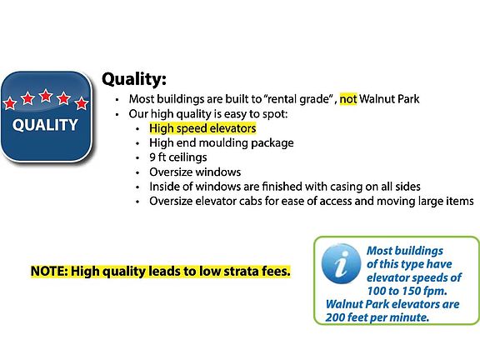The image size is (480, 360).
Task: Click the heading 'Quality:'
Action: pos(134,80)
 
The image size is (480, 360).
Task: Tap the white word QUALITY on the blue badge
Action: pos(45,125)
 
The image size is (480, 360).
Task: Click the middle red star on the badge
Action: pos(46,96)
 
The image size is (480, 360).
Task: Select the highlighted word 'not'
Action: pos(348,99)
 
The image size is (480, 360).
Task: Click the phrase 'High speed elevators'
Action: pos(202,128)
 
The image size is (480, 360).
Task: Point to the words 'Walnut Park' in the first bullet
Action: pos(389,99)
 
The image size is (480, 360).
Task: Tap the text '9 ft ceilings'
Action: pos(178,157)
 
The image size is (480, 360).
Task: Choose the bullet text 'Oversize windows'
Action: pos(195,172)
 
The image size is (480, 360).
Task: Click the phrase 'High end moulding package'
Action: pos(222,143)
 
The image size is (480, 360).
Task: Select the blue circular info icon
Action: pos(342,263)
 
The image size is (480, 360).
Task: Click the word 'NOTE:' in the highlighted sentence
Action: pos(49,271)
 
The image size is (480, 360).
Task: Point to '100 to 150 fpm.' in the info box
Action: pos(407,291)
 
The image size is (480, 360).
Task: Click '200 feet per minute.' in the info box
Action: pos(377,317)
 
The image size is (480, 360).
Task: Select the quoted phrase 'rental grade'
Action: pos(297,99)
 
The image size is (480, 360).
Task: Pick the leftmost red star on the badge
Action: pos(9,103)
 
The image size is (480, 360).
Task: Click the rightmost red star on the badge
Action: pos(82,103)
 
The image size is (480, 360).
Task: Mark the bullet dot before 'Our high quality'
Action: pos(117,114)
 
